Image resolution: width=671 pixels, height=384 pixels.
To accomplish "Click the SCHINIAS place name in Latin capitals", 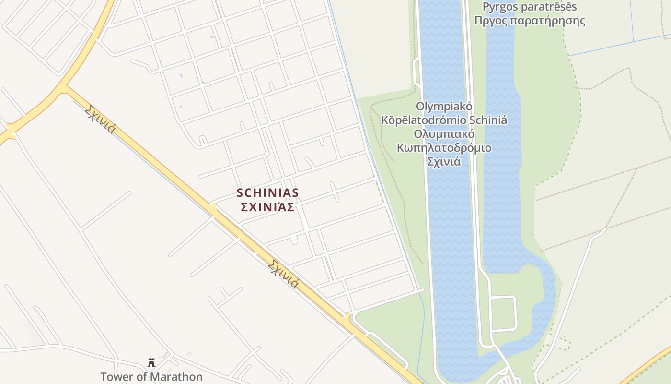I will tap(267, 193).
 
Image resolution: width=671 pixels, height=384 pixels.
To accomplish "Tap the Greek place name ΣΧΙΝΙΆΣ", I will tap(267, 207).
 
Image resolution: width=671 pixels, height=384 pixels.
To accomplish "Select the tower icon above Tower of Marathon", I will tap(151, 362).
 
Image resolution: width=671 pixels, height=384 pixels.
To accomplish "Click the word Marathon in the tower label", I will tap(176, 377).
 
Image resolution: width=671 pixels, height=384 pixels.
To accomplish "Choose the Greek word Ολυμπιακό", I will tap(444, 133).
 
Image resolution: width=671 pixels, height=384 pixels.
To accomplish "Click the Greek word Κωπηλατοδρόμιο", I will tap(444, 147).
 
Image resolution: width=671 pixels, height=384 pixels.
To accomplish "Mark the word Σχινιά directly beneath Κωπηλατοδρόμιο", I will tap(444, 161).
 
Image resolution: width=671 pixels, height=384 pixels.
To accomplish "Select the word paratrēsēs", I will tap(550, 7).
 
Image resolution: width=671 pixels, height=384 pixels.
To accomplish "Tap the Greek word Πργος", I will tap(490, 21).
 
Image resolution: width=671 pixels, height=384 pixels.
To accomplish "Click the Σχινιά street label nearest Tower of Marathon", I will tap(283, 274).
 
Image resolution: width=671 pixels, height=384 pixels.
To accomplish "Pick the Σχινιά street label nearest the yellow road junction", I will tap(100, 119).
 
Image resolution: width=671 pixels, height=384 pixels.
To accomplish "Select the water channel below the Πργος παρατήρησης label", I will tap(501, 72).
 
